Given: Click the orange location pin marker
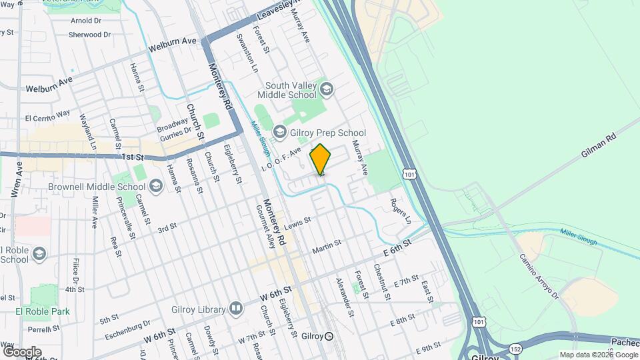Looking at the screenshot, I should click(321, 159).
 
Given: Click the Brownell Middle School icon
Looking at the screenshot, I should click(155, 185).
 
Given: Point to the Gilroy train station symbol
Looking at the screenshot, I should click(329, 336).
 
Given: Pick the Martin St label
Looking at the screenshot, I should click(327, 247).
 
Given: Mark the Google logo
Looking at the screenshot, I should click(21, 351).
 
